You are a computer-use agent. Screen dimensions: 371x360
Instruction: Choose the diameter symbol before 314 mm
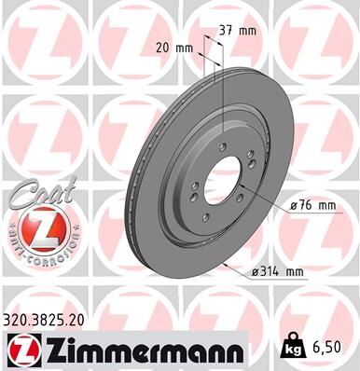(256, 272)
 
